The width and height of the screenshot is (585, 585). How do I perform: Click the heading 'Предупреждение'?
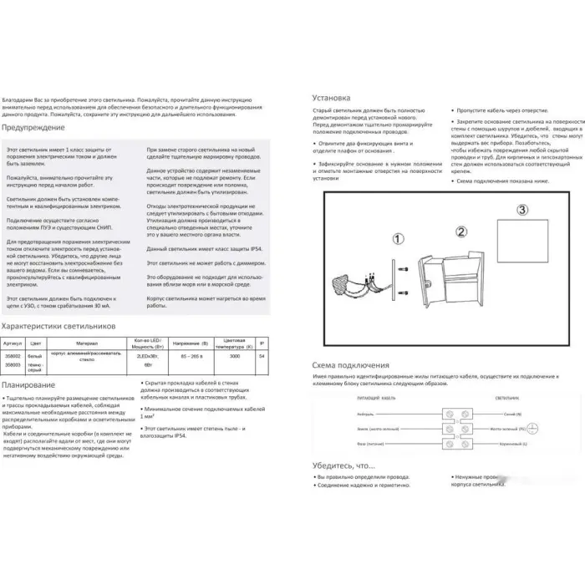point(33,128)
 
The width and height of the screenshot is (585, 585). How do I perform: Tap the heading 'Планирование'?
point(29,384)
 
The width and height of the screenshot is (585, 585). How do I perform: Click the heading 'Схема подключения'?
point(350,365)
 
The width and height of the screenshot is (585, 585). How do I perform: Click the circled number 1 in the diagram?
point(398,238)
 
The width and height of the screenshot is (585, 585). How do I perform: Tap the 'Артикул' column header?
point(13,343)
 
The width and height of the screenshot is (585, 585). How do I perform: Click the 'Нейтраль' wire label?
point(364,414)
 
